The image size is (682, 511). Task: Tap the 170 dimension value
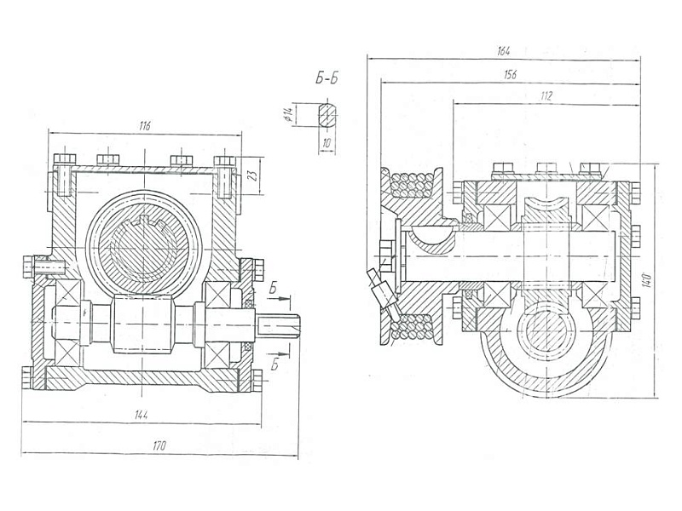coord(159,445)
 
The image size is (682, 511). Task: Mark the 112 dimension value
coord(546,97)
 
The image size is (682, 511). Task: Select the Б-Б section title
coord(327,81)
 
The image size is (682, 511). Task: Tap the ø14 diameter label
coord(290,115)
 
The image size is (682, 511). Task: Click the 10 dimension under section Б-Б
coord(326,143)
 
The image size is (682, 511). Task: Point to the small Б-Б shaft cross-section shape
coord(326,114)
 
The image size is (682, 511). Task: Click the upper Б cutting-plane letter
coord(272,290)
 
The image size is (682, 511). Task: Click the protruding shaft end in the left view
coord(280,328)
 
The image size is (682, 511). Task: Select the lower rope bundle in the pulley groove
coord(415,327)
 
